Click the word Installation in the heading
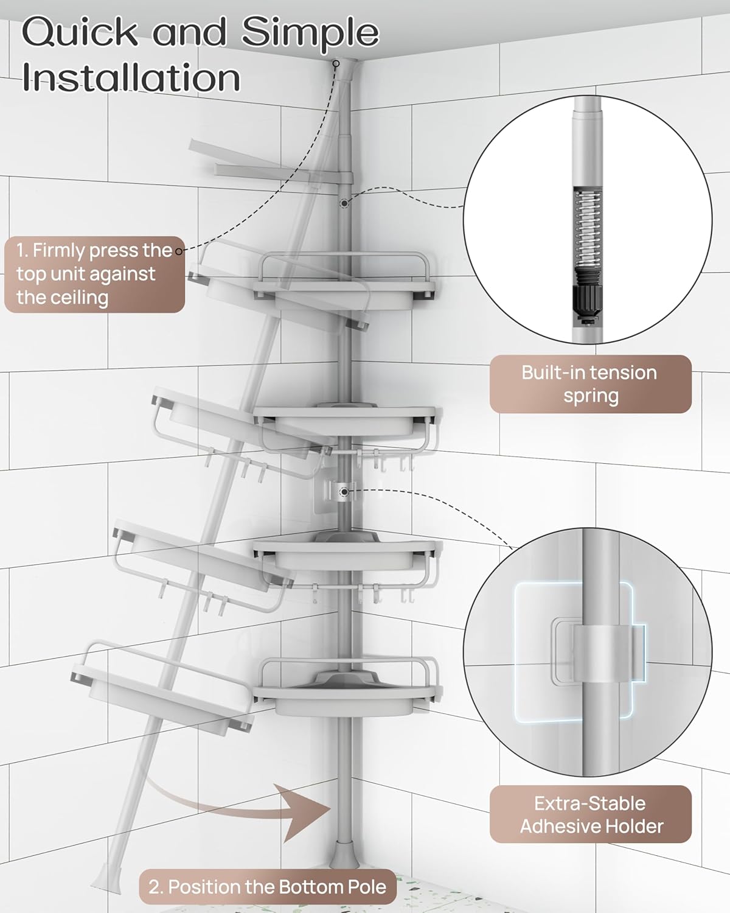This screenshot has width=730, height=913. [131, 78]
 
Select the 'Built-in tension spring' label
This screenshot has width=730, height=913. [590, 384]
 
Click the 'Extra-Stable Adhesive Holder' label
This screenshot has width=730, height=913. [590, 814]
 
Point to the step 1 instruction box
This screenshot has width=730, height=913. [94, 274]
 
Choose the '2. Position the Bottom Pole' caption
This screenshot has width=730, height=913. [268, 886]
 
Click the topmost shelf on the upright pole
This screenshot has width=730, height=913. [347, 283]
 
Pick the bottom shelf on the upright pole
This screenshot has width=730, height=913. [347, 691]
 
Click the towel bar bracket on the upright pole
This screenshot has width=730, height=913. [344, 178]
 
